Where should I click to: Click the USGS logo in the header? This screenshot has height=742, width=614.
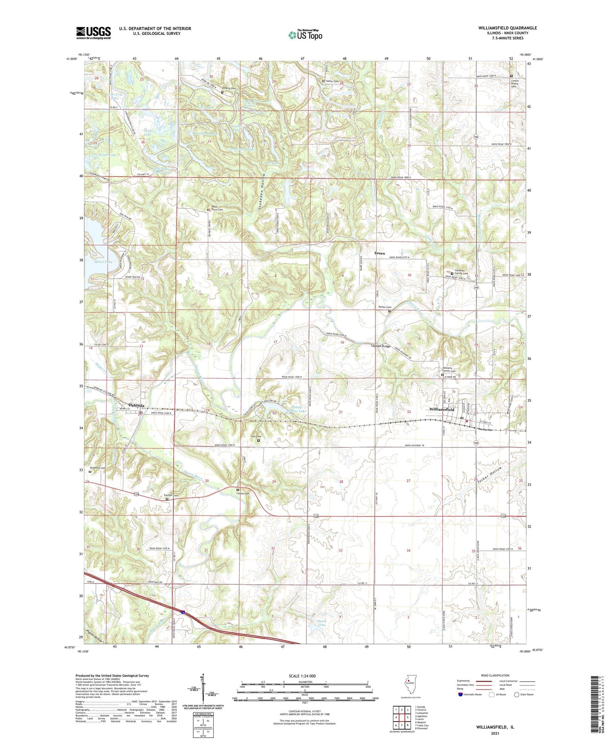[x=93, y=33]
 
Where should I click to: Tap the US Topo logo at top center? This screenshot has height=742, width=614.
[x=305, y=35]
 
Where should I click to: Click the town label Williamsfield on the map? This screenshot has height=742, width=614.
[x=440, y=410]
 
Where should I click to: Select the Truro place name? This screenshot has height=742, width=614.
[x=379, y=253]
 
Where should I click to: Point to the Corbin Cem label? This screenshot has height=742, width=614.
[x=243, y=493]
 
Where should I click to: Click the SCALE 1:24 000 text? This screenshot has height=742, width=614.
[x=302, y=676]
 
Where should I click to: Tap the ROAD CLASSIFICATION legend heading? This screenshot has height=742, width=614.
[x=495, y=675]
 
